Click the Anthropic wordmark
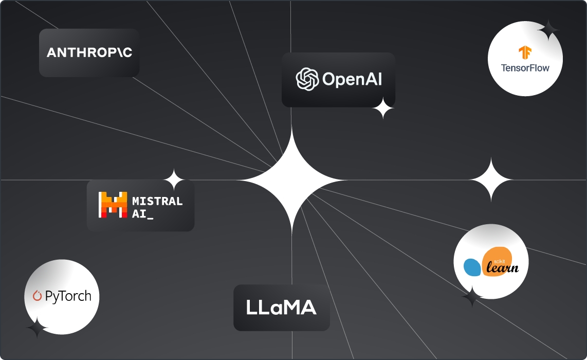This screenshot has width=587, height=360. (x=89, y=52)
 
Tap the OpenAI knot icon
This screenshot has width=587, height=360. (x=307, y=79)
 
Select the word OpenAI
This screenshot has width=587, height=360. (x=352, y=79)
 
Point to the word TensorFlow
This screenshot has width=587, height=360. (x=525, y=67)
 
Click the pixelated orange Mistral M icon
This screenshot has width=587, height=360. (x=113, y=204)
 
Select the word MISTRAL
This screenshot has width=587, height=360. (x=157, y=201)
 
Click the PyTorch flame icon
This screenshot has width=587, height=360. (x=37, y=296)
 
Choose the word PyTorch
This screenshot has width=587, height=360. (x=68, y=296)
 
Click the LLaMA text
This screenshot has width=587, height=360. (x=281, y=308)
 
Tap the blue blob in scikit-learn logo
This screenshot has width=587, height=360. (x=472, y=267)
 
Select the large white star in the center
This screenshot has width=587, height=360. (x=291, y=180)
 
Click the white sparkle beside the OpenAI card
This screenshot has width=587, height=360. (x=383, y=109)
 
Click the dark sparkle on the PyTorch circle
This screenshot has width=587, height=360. (x=36, y=328)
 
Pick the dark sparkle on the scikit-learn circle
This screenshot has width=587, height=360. (x=471, y=298)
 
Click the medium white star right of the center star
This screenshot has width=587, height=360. (x=491, y=179)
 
